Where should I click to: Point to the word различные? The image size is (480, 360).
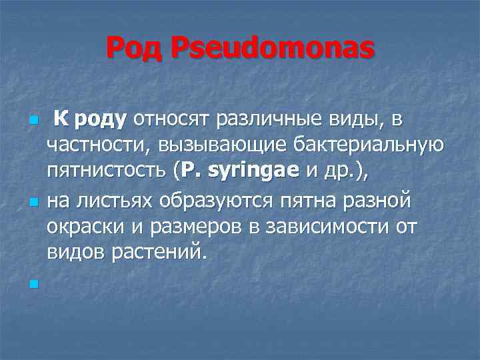point(265,120)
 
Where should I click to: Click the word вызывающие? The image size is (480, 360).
point(201,145)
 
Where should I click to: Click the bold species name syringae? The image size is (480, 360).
point(253,171)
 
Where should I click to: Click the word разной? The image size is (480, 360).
point(377,201)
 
